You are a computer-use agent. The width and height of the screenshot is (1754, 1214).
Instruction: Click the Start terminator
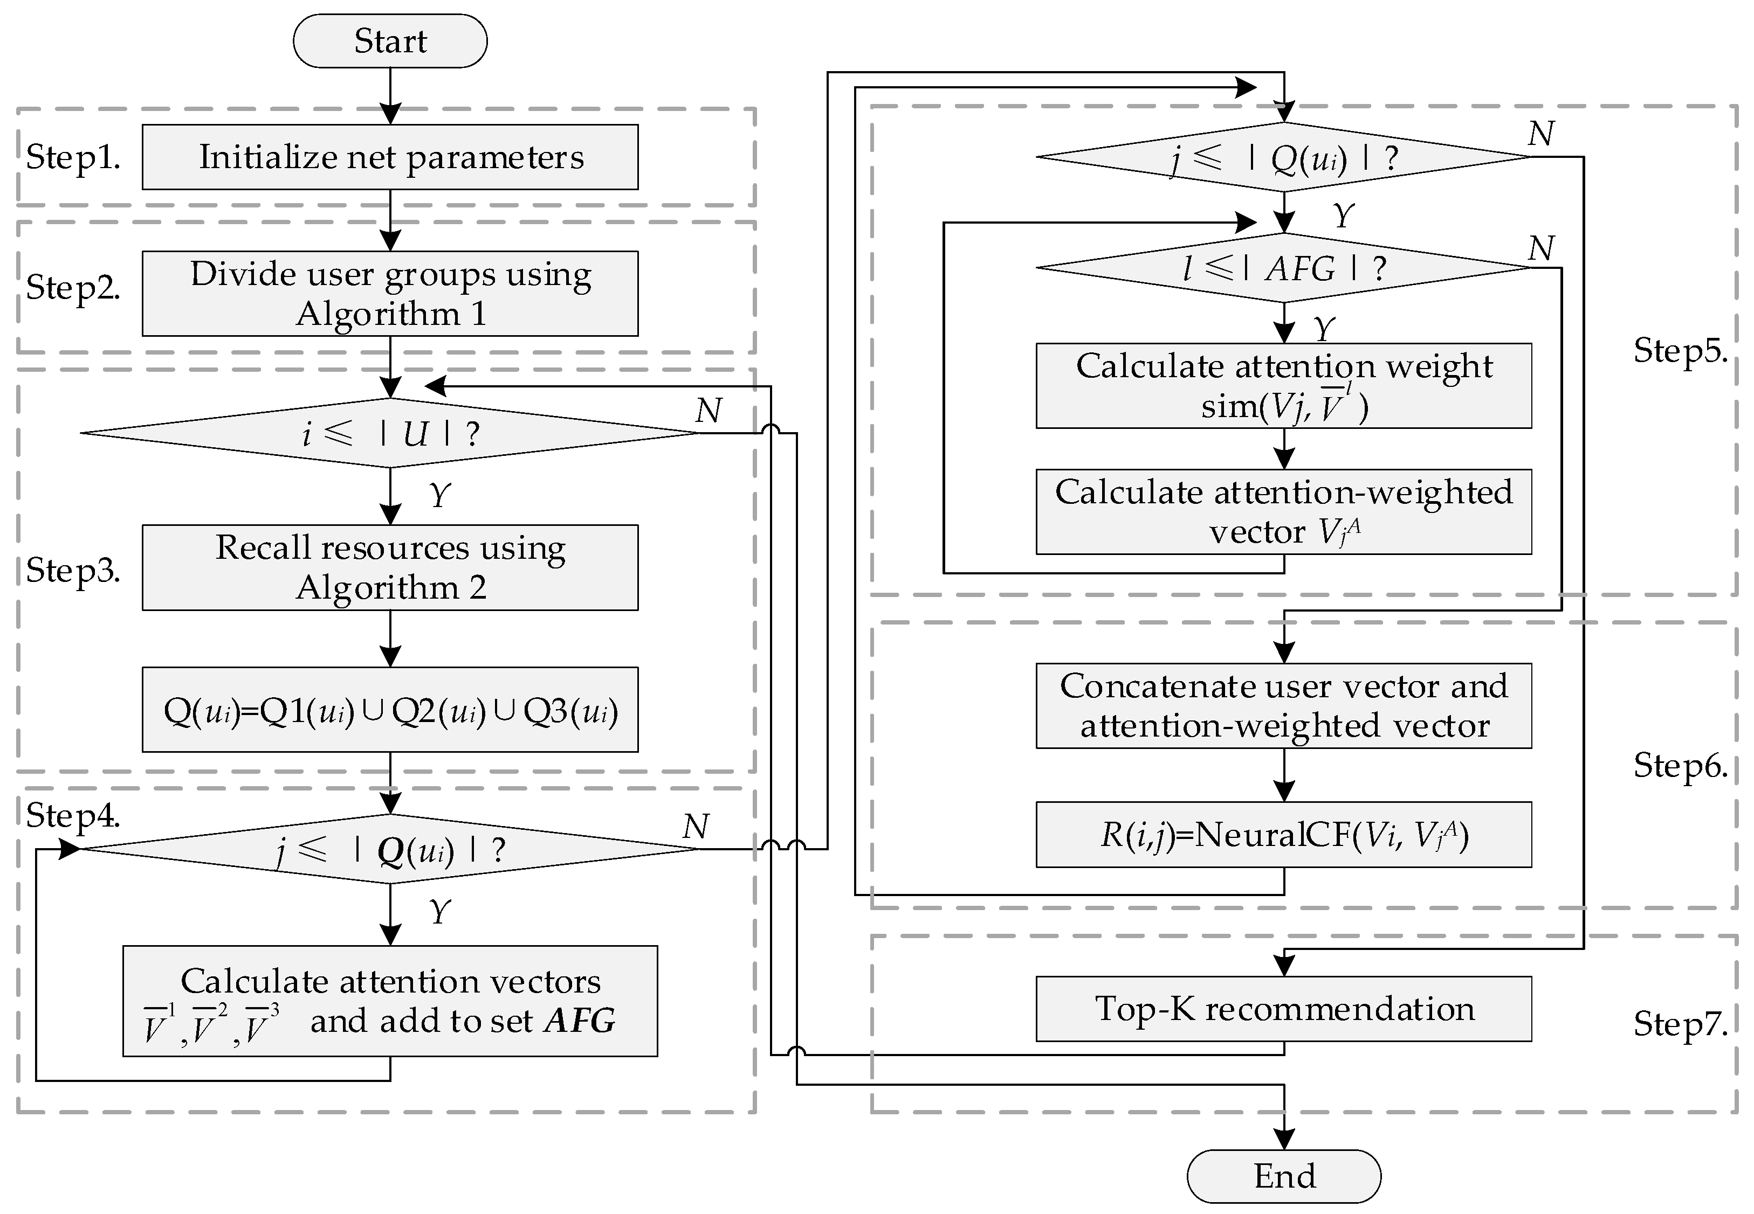390,41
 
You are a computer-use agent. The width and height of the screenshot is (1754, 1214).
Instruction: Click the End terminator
1284,1176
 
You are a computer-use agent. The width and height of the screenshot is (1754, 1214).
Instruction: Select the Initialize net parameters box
390,157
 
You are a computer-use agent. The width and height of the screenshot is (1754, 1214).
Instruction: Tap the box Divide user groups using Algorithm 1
390,294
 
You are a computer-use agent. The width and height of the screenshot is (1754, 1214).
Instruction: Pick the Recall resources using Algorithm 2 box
390,567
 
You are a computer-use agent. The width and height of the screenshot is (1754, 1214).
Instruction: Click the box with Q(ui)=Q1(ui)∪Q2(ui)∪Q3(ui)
390,710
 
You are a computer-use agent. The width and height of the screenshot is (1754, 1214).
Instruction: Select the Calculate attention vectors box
390,1001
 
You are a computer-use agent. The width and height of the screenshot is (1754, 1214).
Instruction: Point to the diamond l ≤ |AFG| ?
1284,268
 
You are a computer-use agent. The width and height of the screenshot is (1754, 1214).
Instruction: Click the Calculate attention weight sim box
1284,386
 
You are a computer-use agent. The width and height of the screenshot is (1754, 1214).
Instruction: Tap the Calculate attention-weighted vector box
1284,512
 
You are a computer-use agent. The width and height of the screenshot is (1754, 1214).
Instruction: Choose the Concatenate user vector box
1284,706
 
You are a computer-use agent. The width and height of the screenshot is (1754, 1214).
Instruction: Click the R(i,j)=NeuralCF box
1284,835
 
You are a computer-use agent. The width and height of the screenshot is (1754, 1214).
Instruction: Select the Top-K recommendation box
1284,1009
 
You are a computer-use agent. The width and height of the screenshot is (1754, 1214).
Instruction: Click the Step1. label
73,157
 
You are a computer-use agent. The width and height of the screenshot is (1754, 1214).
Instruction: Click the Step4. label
73,816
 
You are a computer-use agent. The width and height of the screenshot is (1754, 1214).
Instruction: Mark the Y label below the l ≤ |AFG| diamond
1324,329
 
